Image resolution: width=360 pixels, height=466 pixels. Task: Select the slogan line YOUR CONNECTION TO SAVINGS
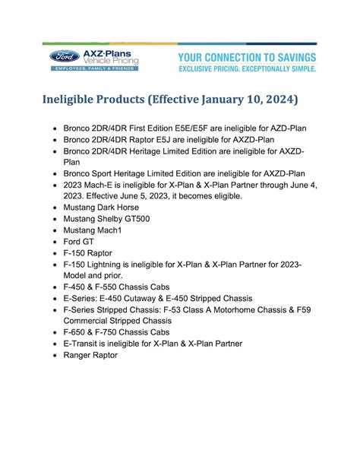tap(247, 58)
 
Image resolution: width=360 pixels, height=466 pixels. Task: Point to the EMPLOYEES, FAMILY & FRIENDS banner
tap(95, 68)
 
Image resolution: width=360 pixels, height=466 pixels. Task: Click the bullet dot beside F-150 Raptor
tap(57, 252)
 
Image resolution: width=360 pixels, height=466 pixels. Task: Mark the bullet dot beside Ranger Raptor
tap(57, 355)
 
